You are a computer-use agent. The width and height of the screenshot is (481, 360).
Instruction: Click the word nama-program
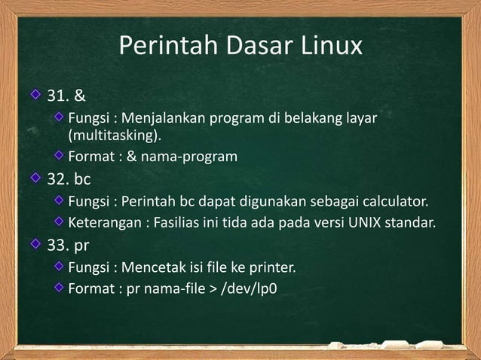click(x=195, y=157)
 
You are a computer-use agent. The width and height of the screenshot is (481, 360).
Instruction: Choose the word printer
click(x=272, y=267)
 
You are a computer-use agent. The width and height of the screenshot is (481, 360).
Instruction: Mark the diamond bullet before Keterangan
click(x=59, y=223)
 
